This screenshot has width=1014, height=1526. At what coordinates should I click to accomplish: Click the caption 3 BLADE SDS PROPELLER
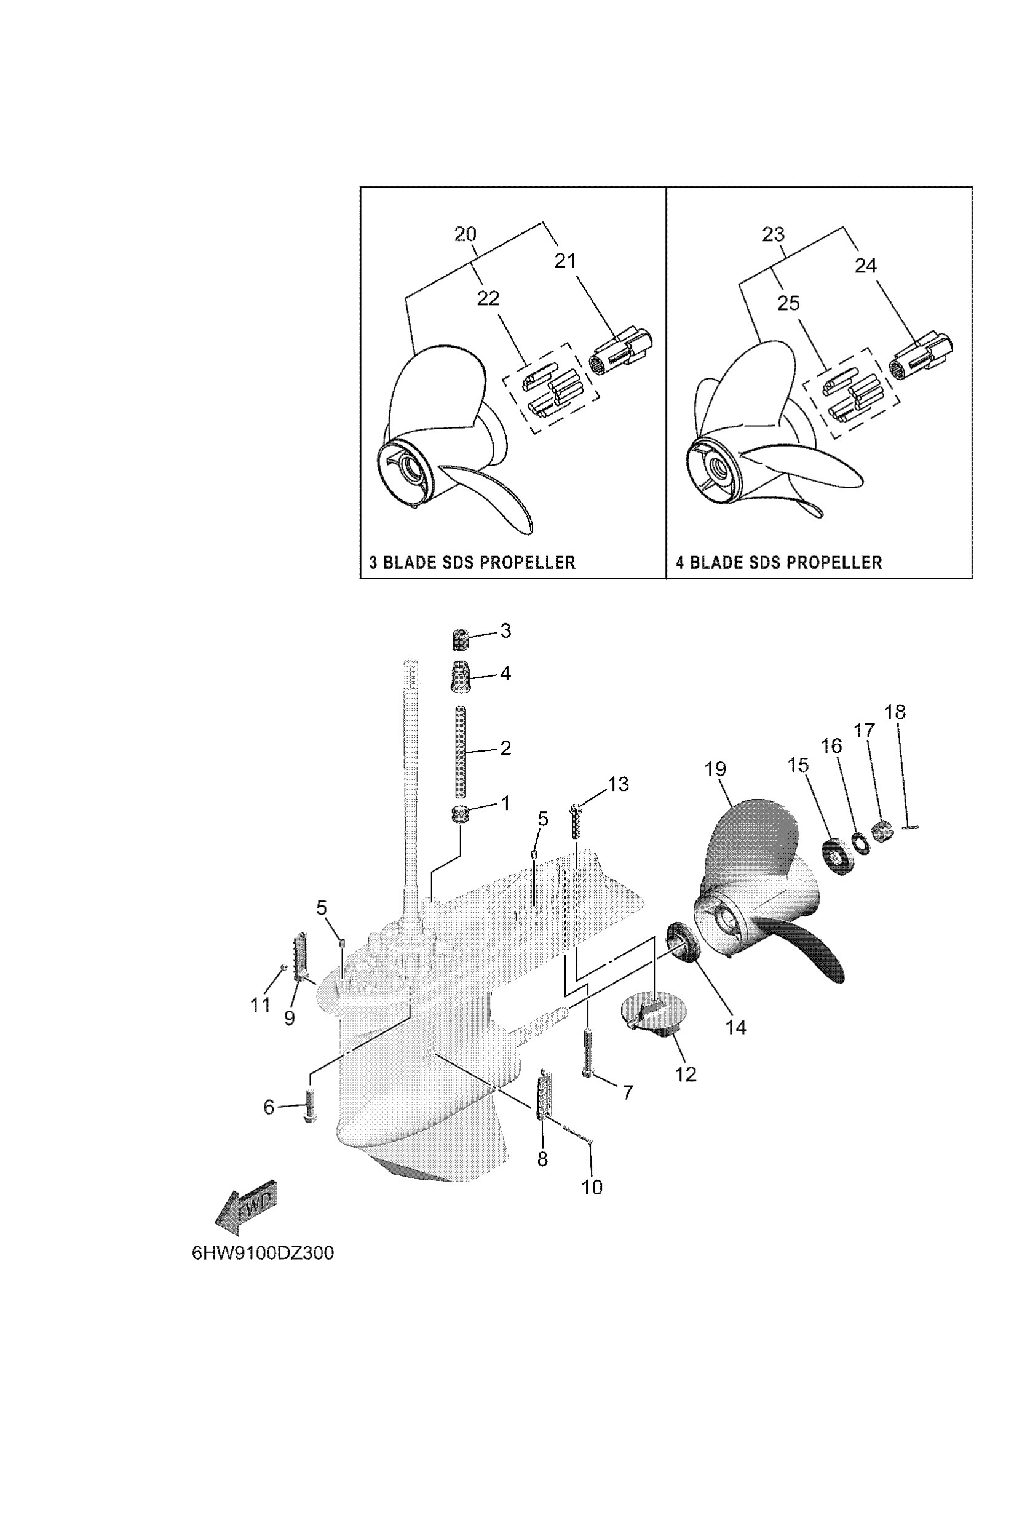coord(472,562)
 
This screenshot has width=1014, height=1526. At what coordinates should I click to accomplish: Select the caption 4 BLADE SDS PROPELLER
coord(778,562)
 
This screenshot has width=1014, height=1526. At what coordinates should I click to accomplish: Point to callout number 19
coord(715,769)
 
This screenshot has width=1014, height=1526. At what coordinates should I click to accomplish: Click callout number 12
coord(686,1074)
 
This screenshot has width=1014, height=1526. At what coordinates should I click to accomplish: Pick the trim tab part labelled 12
coord(647,1016)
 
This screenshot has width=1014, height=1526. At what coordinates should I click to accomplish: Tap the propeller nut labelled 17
coord(881,831)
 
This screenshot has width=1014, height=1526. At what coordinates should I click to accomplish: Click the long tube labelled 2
coord(461,753)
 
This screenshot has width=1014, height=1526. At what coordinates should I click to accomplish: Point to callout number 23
coord(774,234)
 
